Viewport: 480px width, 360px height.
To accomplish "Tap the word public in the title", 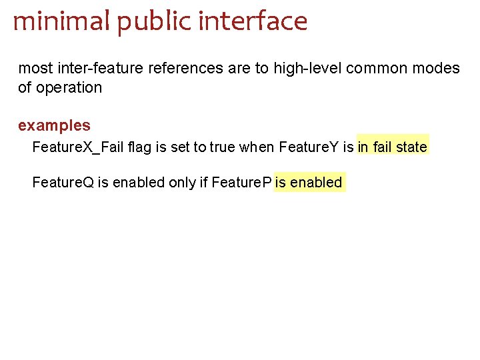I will pyautogui.click(x=143, y=23).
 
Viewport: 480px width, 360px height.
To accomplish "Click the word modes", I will pyautogui.click(x=439, y=68).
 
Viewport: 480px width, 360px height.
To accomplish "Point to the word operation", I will pyautogui.click(x=69, y=87).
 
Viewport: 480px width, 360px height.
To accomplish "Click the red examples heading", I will pyautogui.click(x=54, y=125).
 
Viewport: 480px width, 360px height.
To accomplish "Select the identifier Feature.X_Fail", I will pyautogui.click(x=77, y=146).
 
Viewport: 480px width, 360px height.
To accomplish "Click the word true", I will pyautogui.click(x=223, y=146).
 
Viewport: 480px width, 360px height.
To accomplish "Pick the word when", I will pyautogui.click(x=257, y=146).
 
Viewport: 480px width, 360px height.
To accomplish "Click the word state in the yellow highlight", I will pyautogui.click(x=411, y=146).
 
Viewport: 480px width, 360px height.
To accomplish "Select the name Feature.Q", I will pyautogui.click(x=63, y=182).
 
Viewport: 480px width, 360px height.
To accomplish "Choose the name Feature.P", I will pyautogui.click(x=241, y=182).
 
